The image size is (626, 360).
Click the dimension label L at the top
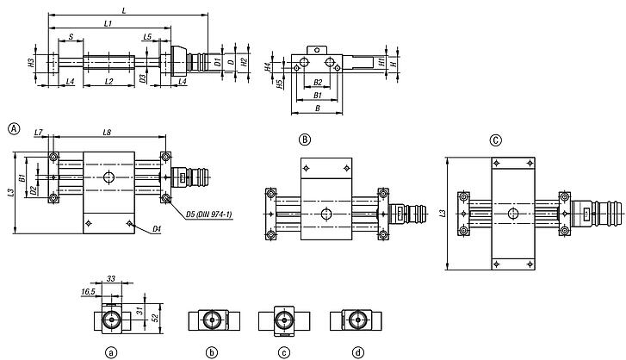pos(126,9)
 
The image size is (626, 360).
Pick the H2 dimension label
pos(245,62)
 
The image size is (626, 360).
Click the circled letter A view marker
pos(13,128)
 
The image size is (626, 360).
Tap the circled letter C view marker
pos(494,140)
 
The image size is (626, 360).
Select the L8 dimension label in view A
pos(107,132)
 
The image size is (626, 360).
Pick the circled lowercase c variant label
pos(282,352)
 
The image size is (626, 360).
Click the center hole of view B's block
pos(325,213)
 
